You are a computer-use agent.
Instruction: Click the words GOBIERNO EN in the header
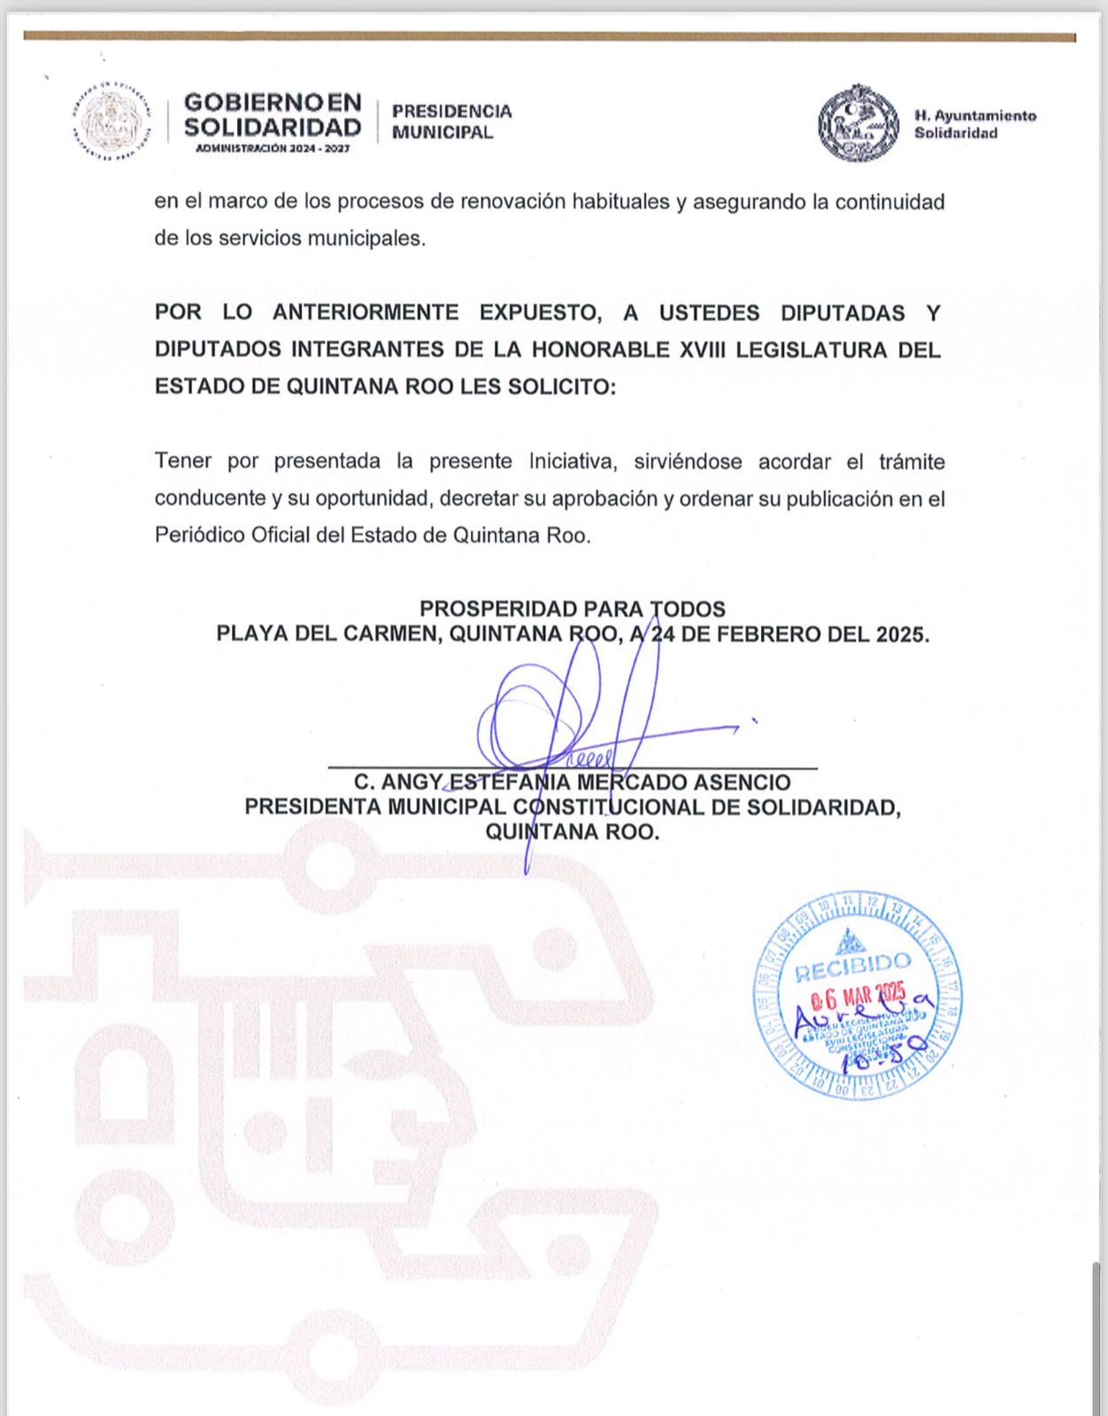pos(273,103)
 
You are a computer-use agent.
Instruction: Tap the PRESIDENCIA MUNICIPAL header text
pos(451,121)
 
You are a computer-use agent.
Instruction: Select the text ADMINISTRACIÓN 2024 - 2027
pos(273,148)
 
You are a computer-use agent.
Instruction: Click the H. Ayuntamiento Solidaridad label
pos(974,124)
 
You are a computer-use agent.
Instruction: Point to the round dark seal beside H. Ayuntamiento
pos(858,123)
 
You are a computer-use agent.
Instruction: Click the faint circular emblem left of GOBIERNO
pos(111,124)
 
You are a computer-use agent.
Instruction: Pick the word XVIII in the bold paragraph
pos(702,350)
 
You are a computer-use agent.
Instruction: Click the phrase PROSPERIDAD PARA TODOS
pos(572,609)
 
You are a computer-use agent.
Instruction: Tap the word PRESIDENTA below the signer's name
pos(312,807)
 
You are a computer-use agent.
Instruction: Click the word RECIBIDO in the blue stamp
pos(852,966)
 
